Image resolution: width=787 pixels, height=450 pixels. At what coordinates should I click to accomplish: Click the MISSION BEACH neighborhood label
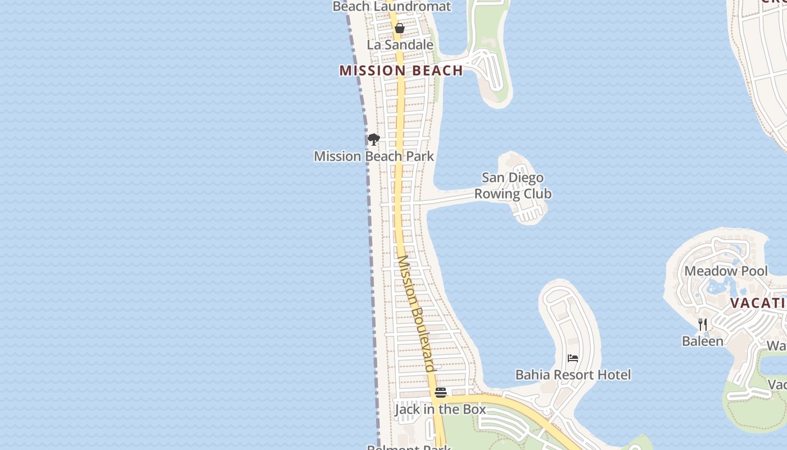pos(401,70)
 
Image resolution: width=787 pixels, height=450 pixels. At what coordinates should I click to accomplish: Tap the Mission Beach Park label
pos(374,156)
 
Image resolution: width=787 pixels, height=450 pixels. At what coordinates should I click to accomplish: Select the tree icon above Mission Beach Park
pos(374,139)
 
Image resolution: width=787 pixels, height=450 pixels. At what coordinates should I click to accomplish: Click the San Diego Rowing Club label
pos(513,186)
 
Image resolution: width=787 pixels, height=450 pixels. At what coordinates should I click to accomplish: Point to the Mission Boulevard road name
pos(416,313)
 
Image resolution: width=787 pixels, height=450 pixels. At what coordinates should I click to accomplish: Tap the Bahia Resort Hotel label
pos(573,375)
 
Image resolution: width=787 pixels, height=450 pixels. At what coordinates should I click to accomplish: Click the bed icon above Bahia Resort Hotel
pos(573,358)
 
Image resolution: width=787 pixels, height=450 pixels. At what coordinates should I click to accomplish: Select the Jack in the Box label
pos(440,409)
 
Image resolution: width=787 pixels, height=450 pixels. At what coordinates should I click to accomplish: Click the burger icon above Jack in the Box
pos(441,392)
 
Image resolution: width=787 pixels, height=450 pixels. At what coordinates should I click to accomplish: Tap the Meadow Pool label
pos(726,271)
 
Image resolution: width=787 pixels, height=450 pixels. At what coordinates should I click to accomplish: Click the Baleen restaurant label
pos(702,341)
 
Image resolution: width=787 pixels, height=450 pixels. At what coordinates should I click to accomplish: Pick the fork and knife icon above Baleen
pos(702,324)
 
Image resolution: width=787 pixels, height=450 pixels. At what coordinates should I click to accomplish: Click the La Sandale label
pos(400,44)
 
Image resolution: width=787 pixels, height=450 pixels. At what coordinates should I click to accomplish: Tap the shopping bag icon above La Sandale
pos(400,28)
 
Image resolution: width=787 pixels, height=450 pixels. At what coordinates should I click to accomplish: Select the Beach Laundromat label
pos(392,7)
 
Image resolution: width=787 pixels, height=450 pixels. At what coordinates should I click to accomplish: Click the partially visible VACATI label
pos(757,303)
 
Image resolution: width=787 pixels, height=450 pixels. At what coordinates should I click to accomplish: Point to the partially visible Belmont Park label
pos(409,447)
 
